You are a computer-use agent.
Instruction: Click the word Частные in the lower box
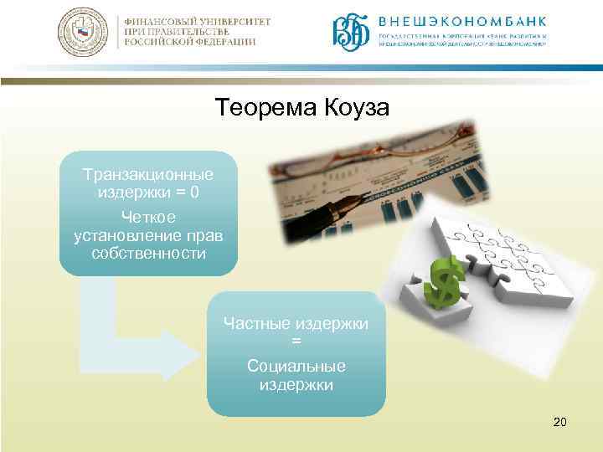[x=260, y=323]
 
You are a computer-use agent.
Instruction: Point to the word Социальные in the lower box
[x=296, y=367]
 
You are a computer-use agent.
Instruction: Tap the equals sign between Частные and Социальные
[x=296, y=342]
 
